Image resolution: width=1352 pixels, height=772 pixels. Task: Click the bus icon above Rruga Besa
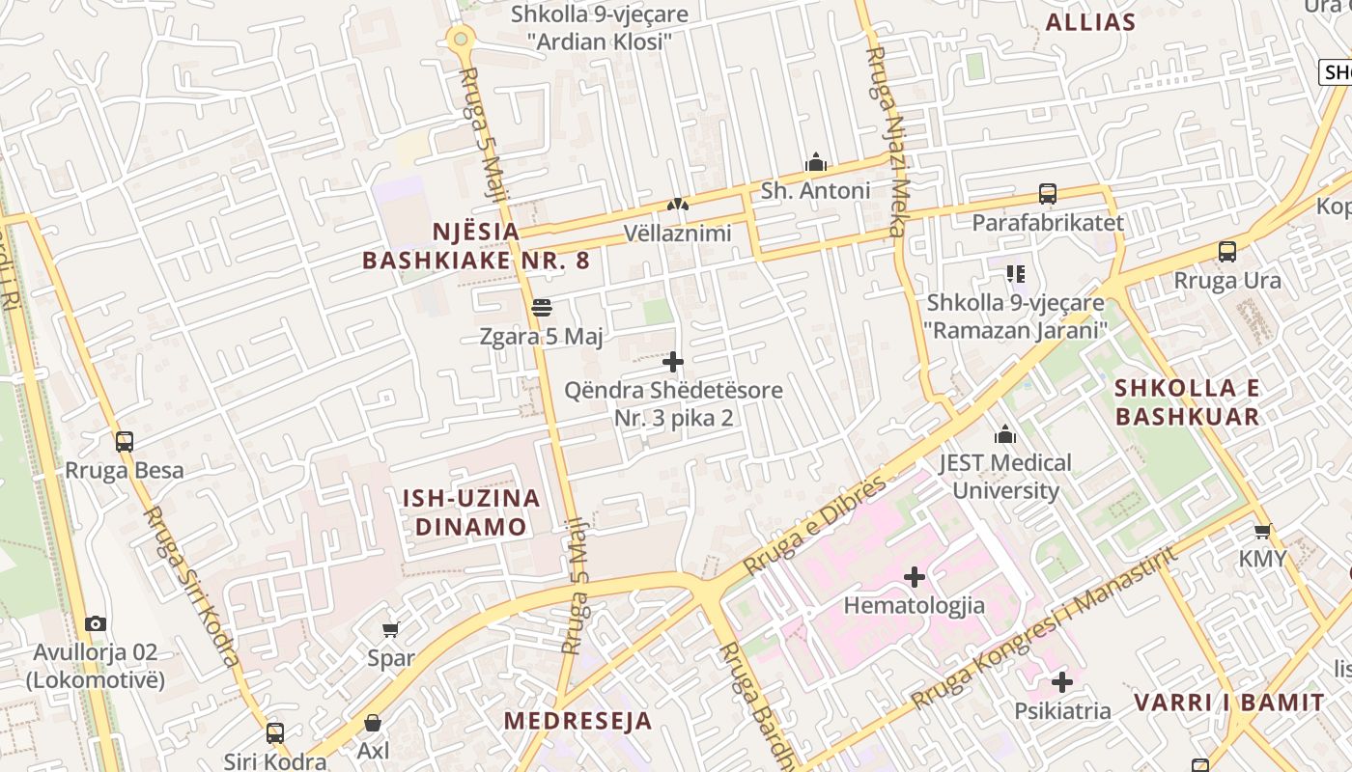point(125,442)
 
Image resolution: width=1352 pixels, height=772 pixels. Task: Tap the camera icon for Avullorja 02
point(95,623)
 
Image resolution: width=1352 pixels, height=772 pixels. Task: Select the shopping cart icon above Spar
point(390,630)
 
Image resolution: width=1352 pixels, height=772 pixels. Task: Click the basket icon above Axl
point(373,723)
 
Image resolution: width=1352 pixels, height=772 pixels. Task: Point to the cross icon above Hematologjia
point(914,577)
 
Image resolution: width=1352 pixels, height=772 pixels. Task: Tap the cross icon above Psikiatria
point(1062,682)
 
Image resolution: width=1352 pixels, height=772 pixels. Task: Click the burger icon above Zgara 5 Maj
point(541,308)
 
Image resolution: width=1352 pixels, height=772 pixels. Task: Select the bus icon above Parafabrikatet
point(1048,194)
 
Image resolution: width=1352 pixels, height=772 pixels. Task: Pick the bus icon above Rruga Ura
point(1227,252)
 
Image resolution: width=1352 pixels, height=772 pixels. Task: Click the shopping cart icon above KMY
point(1262,531)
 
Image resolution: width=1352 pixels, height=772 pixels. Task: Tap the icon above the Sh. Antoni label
point(816,161)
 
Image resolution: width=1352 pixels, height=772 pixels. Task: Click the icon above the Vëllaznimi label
point(678,204)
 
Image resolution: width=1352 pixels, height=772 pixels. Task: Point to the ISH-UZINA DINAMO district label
point(470,512)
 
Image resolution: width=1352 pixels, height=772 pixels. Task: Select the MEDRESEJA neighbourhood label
point(577,721)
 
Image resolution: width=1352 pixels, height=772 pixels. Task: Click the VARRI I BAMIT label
point(1228,703)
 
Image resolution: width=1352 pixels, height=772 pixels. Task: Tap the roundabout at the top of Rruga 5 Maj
point(461,39)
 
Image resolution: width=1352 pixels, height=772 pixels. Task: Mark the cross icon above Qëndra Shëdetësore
point(673,362)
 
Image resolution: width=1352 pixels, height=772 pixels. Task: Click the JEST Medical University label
point(1005,477)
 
